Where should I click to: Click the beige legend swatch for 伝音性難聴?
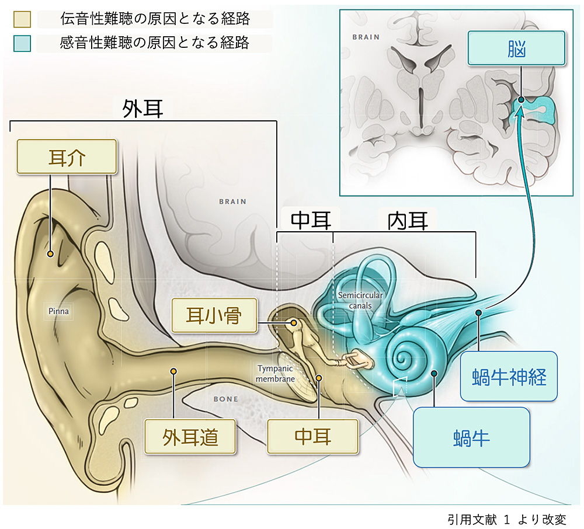click(22, 20)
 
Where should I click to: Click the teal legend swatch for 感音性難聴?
click(22, 43)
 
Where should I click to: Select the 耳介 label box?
click(68, 156)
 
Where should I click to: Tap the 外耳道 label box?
click(190, 436)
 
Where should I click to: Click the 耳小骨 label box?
click(214, 315)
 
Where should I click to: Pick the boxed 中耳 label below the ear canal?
click(312, 436)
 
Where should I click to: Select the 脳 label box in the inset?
click(516, 48)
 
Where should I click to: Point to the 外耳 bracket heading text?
click(142, 109)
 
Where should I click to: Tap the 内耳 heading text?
click(408, 220)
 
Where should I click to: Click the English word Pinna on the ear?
click(58, 311)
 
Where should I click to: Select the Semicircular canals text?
click(360, 300)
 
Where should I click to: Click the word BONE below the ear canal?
click(225, 399)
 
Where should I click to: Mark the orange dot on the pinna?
click(51, 254)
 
